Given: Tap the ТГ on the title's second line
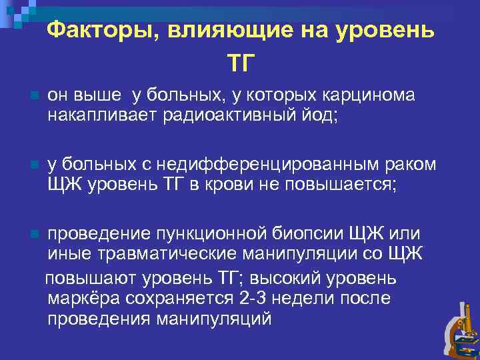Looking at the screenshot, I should [241, 63].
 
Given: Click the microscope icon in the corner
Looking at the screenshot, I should [460, 330].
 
